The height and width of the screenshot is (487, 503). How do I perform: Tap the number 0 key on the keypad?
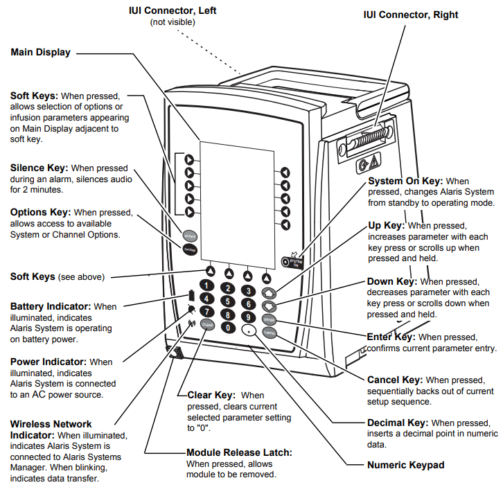[x=228, y=328]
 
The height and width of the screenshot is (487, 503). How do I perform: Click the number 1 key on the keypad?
[x=206, y=285]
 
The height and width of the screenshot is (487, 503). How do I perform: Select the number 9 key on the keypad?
[x=248, y=317]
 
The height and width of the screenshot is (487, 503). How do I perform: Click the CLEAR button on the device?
[x=207, y=325]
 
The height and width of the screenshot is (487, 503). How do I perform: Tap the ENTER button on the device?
[x=269, y=320]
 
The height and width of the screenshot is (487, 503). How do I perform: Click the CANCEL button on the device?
[x=270, y=333]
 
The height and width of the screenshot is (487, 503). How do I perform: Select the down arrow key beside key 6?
[x=269, y=306]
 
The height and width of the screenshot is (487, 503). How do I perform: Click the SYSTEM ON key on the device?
[x=292, y=263]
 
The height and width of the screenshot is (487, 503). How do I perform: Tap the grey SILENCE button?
[x=190, y=236]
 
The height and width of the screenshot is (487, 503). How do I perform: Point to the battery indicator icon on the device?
[x=191, y=294]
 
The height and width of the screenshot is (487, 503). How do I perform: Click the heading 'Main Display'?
[x=40, y=52]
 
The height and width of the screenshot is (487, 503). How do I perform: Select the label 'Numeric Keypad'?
[x=406, y=465]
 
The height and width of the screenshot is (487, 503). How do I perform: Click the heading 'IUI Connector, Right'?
[x=411, y=15]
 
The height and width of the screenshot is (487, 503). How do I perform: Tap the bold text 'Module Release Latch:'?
[x=239, y=452]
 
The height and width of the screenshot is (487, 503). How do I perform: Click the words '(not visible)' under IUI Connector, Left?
[x=173, y=22]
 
